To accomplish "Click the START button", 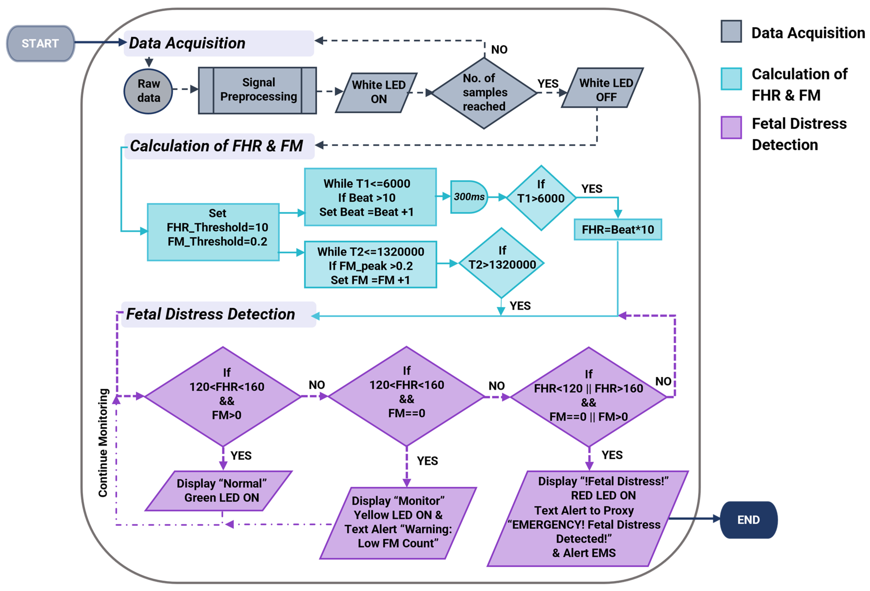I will tap(41, 43).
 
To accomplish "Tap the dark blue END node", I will tap(748, 520).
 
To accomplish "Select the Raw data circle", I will tap(148, 91).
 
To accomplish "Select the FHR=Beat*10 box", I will tap(618, 229).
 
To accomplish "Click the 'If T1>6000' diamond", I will tap(541, 197).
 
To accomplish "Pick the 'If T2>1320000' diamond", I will tap(502, 263).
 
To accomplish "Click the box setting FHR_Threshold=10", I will tap(213, 232).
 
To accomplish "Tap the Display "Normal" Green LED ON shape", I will tap(219, 491).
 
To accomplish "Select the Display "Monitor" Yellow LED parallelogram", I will tap(398, 522).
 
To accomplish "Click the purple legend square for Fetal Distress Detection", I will tap(731, 127).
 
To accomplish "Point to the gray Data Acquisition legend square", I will tap(731, 32).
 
